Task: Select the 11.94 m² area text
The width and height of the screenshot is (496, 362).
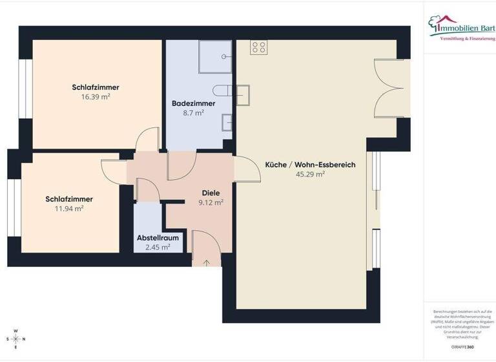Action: (x=69, y=208)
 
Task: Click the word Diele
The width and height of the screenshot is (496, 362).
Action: (x=211, y=193)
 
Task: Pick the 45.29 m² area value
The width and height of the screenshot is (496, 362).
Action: (x=310, y=174)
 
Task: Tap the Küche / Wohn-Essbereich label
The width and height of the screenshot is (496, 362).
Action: (x=310, y=165)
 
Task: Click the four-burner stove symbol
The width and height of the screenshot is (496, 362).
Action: (x=258, y=47)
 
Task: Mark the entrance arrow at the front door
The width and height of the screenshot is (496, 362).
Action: (x=207, y=262)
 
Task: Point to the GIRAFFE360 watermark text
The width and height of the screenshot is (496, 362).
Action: (x=462, y=347)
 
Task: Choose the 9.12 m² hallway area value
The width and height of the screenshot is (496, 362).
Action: (x=211, y=202)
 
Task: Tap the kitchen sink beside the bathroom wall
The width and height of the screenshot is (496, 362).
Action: (x=243, y=94)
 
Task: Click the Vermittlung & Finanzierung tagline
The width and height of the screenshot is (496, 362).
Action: (x=467, y=39)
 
